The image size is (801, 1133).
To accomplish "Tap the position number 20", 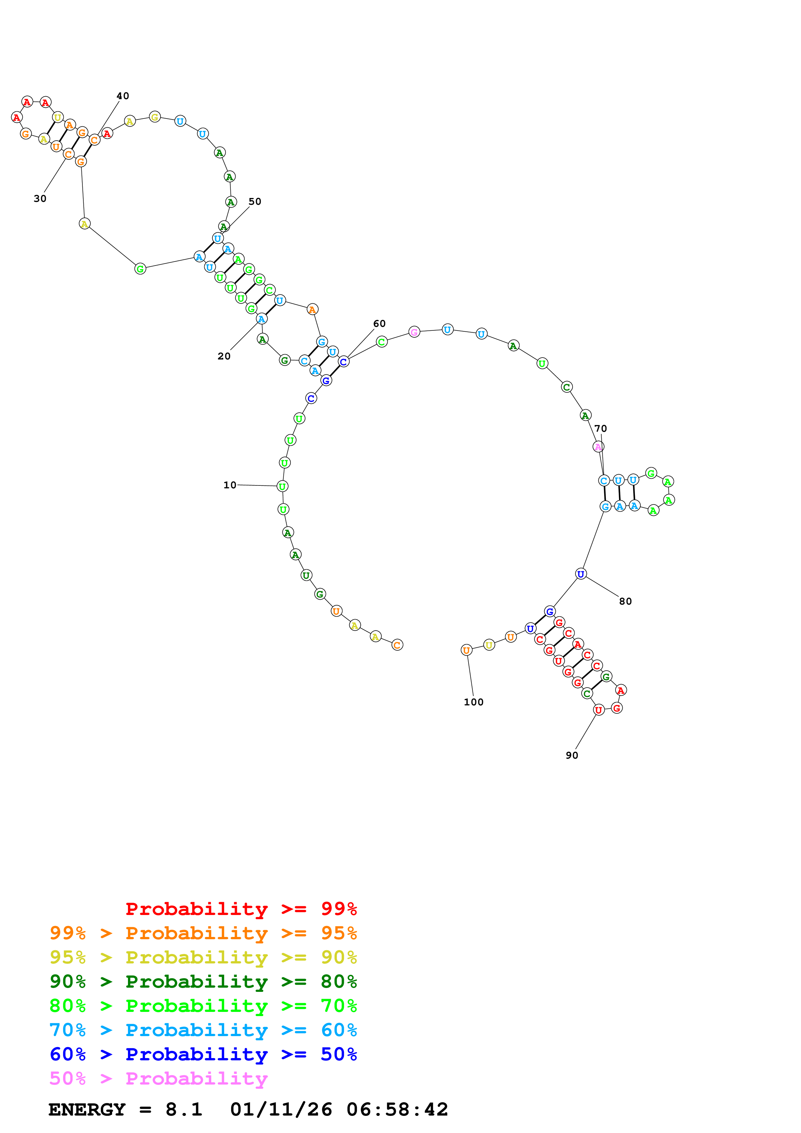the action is pyautogui.click(x=224, y=356).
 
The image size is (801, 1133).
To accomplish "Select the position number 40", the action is pyautogui.click(x=123, y=96).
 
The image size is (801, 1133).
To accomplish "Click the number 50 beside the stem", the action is pyautogui.click(x=255, y=201).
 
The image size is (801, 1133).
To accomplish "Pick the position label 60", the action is pyautogui.click(x=379, y=324).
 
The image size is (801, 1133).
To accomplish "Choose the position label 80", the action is pyautogui.click(x=625, y=601).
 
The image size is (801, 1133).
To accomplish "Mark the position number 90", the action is pyautogui.click(x=572, y=755).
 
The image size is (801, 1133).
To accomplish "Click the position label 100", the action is pyautogui.click(x=473, y=702).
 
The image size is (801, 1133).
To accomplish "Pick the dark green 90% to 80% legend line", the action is pyautogui.click(x=203, y=982).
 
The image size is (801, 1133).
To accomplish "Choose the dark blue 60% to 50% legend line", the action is pyautogui.click(x=203, y=1054).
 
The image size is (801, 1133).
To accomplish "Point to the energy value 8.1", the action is pyautogui.click(x=184, y=1109).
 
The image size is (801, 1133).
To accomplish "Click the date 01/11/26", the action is pyautogui.click(x=281, y=1109).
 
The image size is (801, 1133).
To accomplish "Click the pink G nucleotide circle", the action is pyautogui.click(x=414, y=332).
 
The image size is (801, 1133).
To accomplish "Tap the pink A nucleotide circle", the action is pyautogui.click(x=598, y=447).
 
